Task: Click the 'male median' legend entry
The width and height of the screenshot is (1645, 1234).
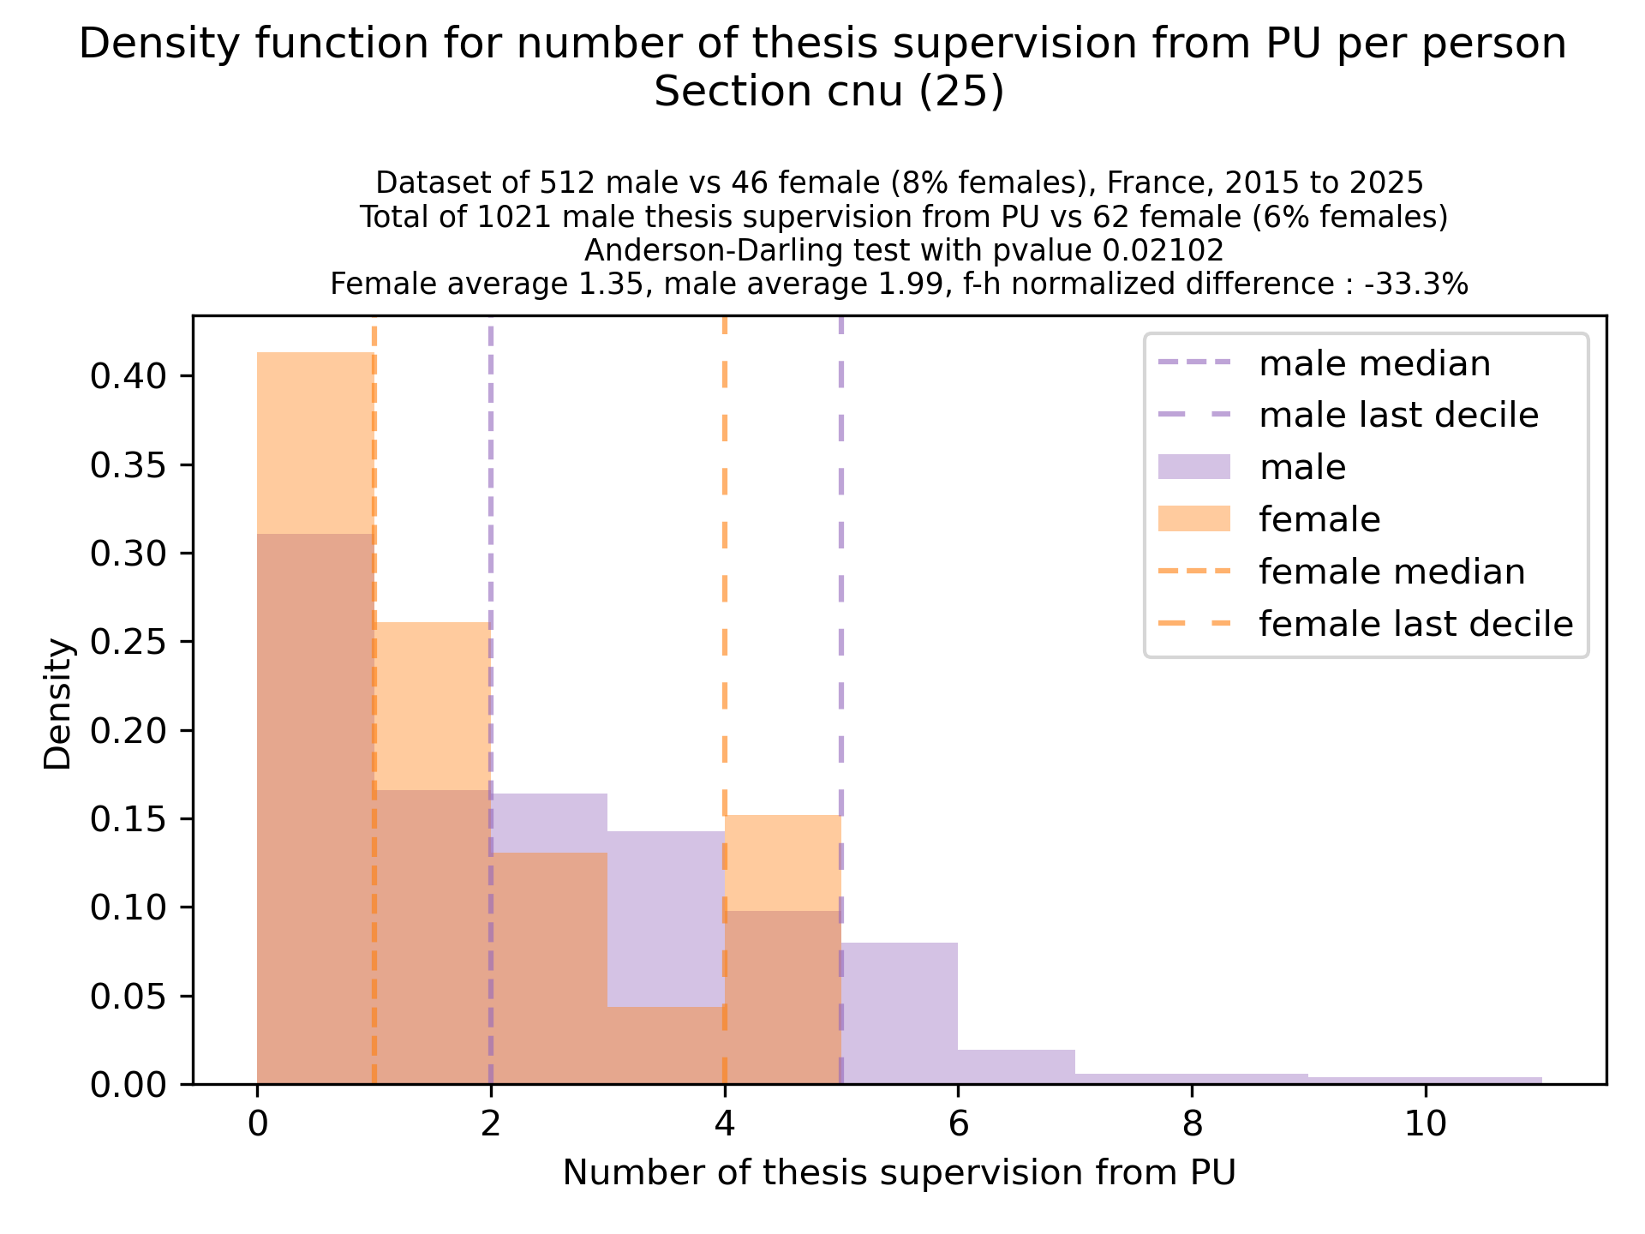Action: (1374, 364)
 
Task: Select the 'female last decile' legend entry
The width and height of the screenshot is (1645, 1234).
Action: (1415, 624)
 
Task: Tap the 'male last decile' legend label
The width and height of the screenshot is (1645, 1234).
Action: (1398, 416)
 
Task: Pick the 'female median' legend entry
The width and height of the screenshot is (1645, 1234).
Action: (1391, 572)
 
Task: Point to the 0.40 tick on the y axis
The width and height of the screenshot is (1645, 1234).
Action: (128, 376)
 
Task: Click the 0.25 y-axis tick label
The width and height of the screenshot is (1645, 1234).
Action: (128, 642)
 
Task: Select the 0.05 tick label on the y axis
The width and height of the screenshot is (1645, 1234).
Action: (128, 996)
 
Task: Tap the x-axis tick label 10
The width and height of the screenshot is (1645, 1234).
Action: (1425, 1123)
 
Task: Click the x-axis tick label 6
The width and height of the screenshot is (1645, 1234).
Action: (958, 1123)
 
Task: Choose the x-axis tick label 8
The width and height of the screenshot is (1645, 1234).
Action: (1192, 1123)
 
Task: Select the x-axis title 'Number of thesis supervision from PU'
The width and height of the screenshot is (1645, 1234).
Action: (899, 1173)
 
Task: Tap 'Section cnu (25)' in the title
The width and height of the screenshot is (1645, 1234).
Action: (828, 92)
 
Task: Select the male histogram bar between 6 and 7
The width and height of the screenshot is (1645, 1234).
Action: (1016, 1067)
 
